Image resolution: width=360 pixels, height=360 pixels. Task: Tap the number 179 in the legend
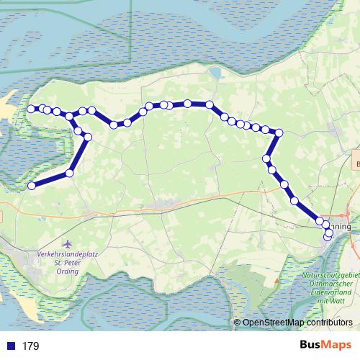coord(30,346)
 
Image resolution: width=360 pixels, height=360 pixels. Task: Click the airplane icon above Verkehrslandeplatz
coord(68,243)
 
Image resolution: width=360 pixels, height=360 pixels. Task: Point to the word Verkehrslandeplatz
coord(68,254)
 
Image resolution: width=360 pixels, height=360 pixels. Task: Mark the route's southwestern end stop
coord(32,186)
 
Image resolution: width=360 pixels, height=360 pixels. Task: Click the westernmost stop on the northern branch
coord(32,109)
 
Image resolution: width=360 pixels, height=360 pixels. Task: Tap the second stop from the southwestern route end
coord(70,173)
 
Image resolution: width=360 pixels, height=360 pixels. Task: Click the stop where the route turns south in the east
coord(279,132)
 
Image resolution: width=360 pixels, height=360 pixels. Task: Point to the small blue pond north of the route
coord(215,72)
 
